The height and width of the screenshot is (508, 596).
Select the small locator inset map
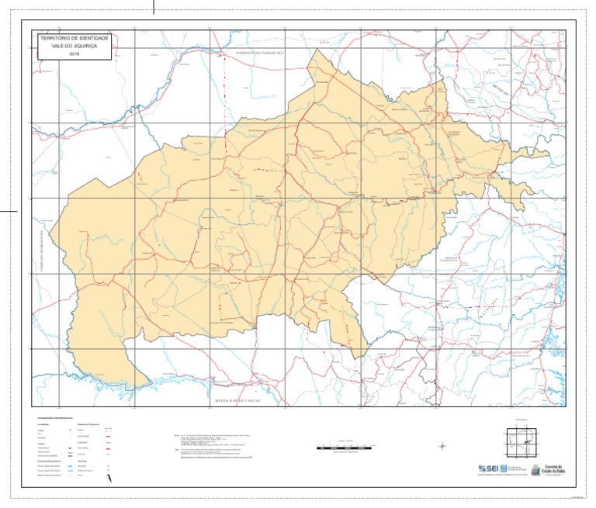[x=520, y=444]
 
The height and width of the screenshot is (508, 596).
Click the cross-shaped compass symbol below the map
[x=442, y=446]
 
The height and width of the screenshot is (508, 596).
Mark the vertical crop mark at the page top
[x=154, y=7]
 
